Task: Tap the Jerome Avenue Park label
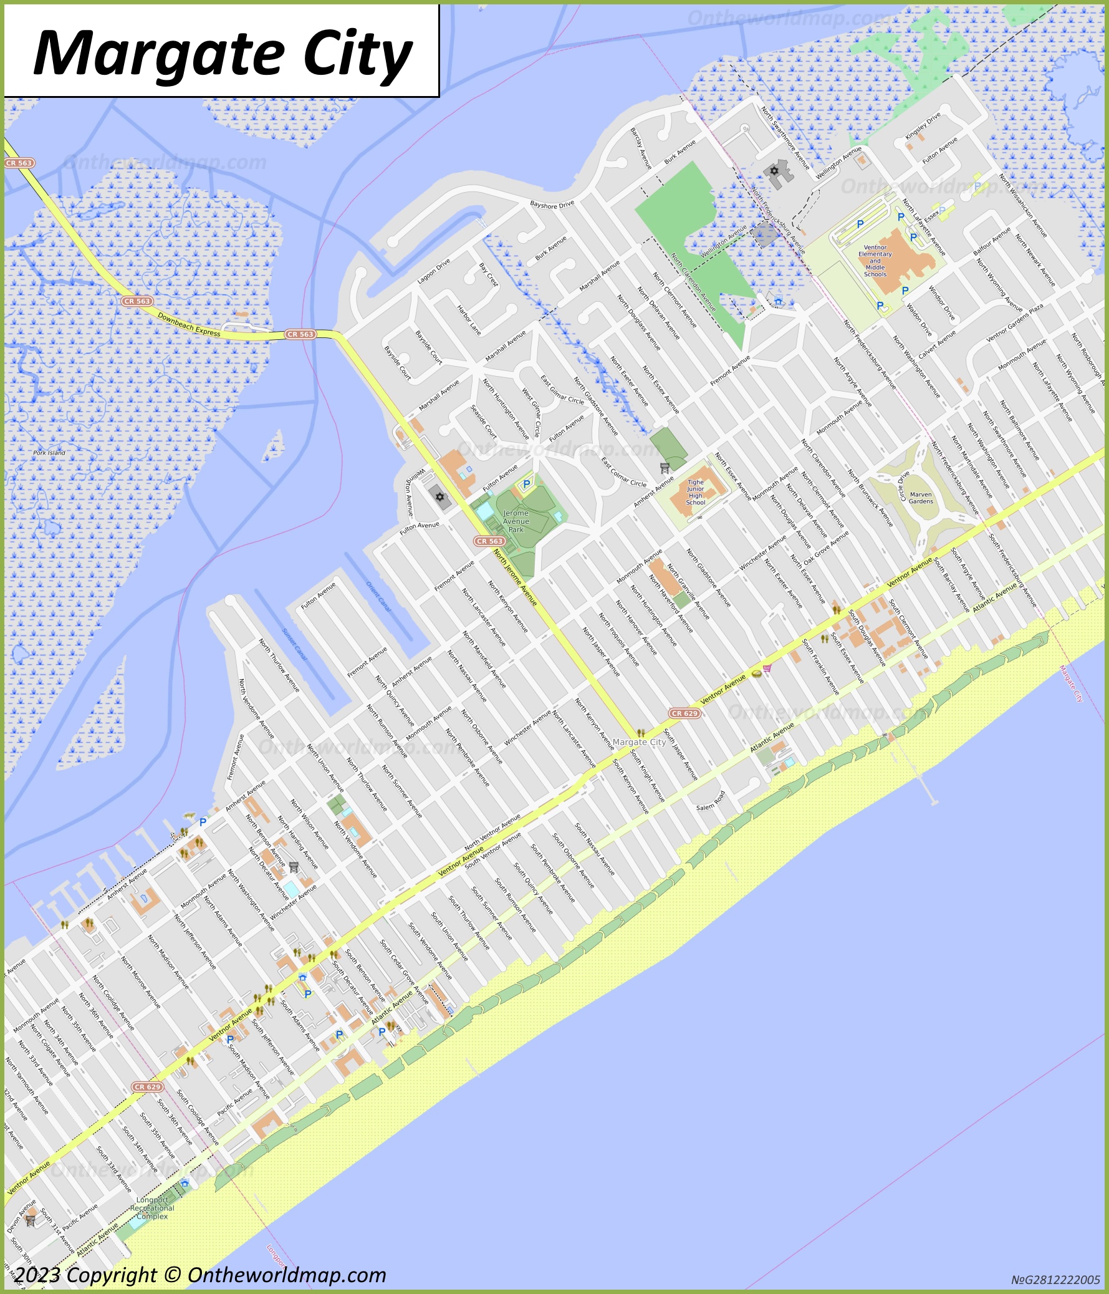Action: [x=516, y=521]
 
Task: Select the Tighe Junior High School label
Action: [x=695, y=492]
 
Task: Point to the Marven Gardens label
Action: [x=921, y=498]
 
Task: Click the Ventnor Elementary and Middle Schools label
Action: [x=875, y=261]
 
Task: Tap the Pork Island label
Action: [x=49, y=453]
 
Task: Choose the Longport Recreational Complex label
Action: [x=151, y=1208]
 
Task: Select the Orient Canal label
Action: [x=378, y=596]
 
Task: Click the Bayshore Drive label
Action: [x=551, y=204]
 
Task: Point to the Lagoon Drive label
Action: [x=433, y=272]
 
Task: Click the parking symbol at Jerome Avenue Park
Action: [x=526, y=484]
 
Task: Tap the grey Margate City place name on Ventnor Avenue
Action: [x=639, y=742]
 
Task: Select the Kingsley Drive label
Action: [x=923, y=127]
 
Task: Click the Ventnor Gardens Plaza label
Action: [x=1015, y=324]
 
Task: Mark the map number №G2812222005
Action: [x=1055, y=1280]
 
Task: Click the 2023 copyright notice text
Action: [x=200, y=1275]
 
